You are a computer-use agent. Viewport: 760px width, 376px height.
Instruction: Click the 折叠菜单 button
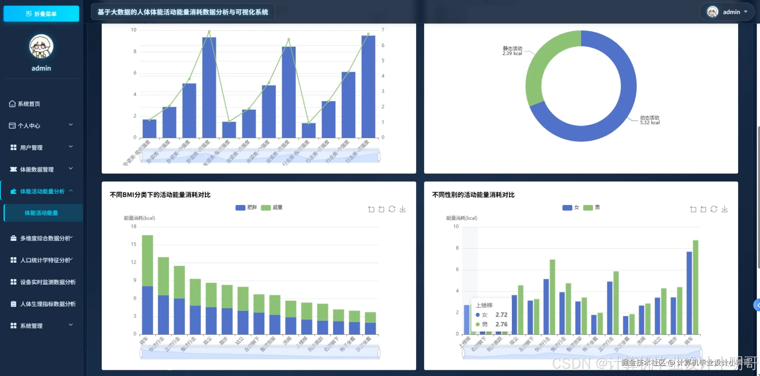point(41,14)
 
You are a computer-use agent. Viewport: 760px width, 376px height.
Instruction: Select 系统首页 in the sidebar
point(29,104)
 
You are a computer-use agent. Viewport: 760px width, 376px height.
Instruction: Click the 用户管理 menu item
point(31,147)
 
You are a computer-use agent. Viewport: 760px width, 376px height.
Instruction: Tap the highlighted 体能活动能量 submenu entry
point(41,213)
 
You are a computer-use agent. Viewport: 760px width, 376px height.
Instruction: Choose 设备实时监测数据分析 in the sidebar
point(48,282)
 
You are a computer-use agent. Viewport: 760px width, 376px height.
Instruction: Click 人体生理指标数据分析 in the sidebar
point(48,304)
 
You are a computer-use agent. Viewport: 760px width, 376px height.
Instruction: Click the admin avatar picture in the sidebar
point(41,46)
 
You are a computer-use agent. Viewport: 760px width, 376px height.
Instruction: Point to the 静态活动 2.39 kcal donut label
point(512,51)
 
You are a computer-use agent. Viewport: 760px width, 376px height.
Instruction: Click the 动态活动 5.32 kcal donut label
point(650,120)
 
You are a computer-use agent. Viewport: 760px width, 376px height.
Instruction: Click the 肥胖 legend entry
point(246,207)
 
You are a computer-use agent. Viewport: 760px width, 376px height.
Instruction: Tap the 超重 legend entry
point(272,207)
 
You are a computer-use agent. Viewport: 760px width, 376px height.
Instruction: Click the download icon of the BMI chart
point(403,209)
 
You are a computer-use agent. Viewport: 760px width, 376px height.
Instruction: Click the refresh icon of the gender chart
point(714,209)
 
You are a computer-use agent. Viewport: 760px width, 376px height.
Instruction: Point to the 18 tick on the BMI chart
point(134,226)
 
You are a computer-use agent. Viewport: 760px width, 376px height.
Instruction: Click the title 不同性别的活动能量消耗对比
point(473,195)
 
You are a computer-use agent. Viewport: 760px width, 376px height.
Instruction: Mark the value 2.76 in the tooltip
point(501,324)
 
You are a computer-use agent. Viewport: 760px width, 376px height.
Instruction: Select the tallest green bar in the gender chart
point(696,285)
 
